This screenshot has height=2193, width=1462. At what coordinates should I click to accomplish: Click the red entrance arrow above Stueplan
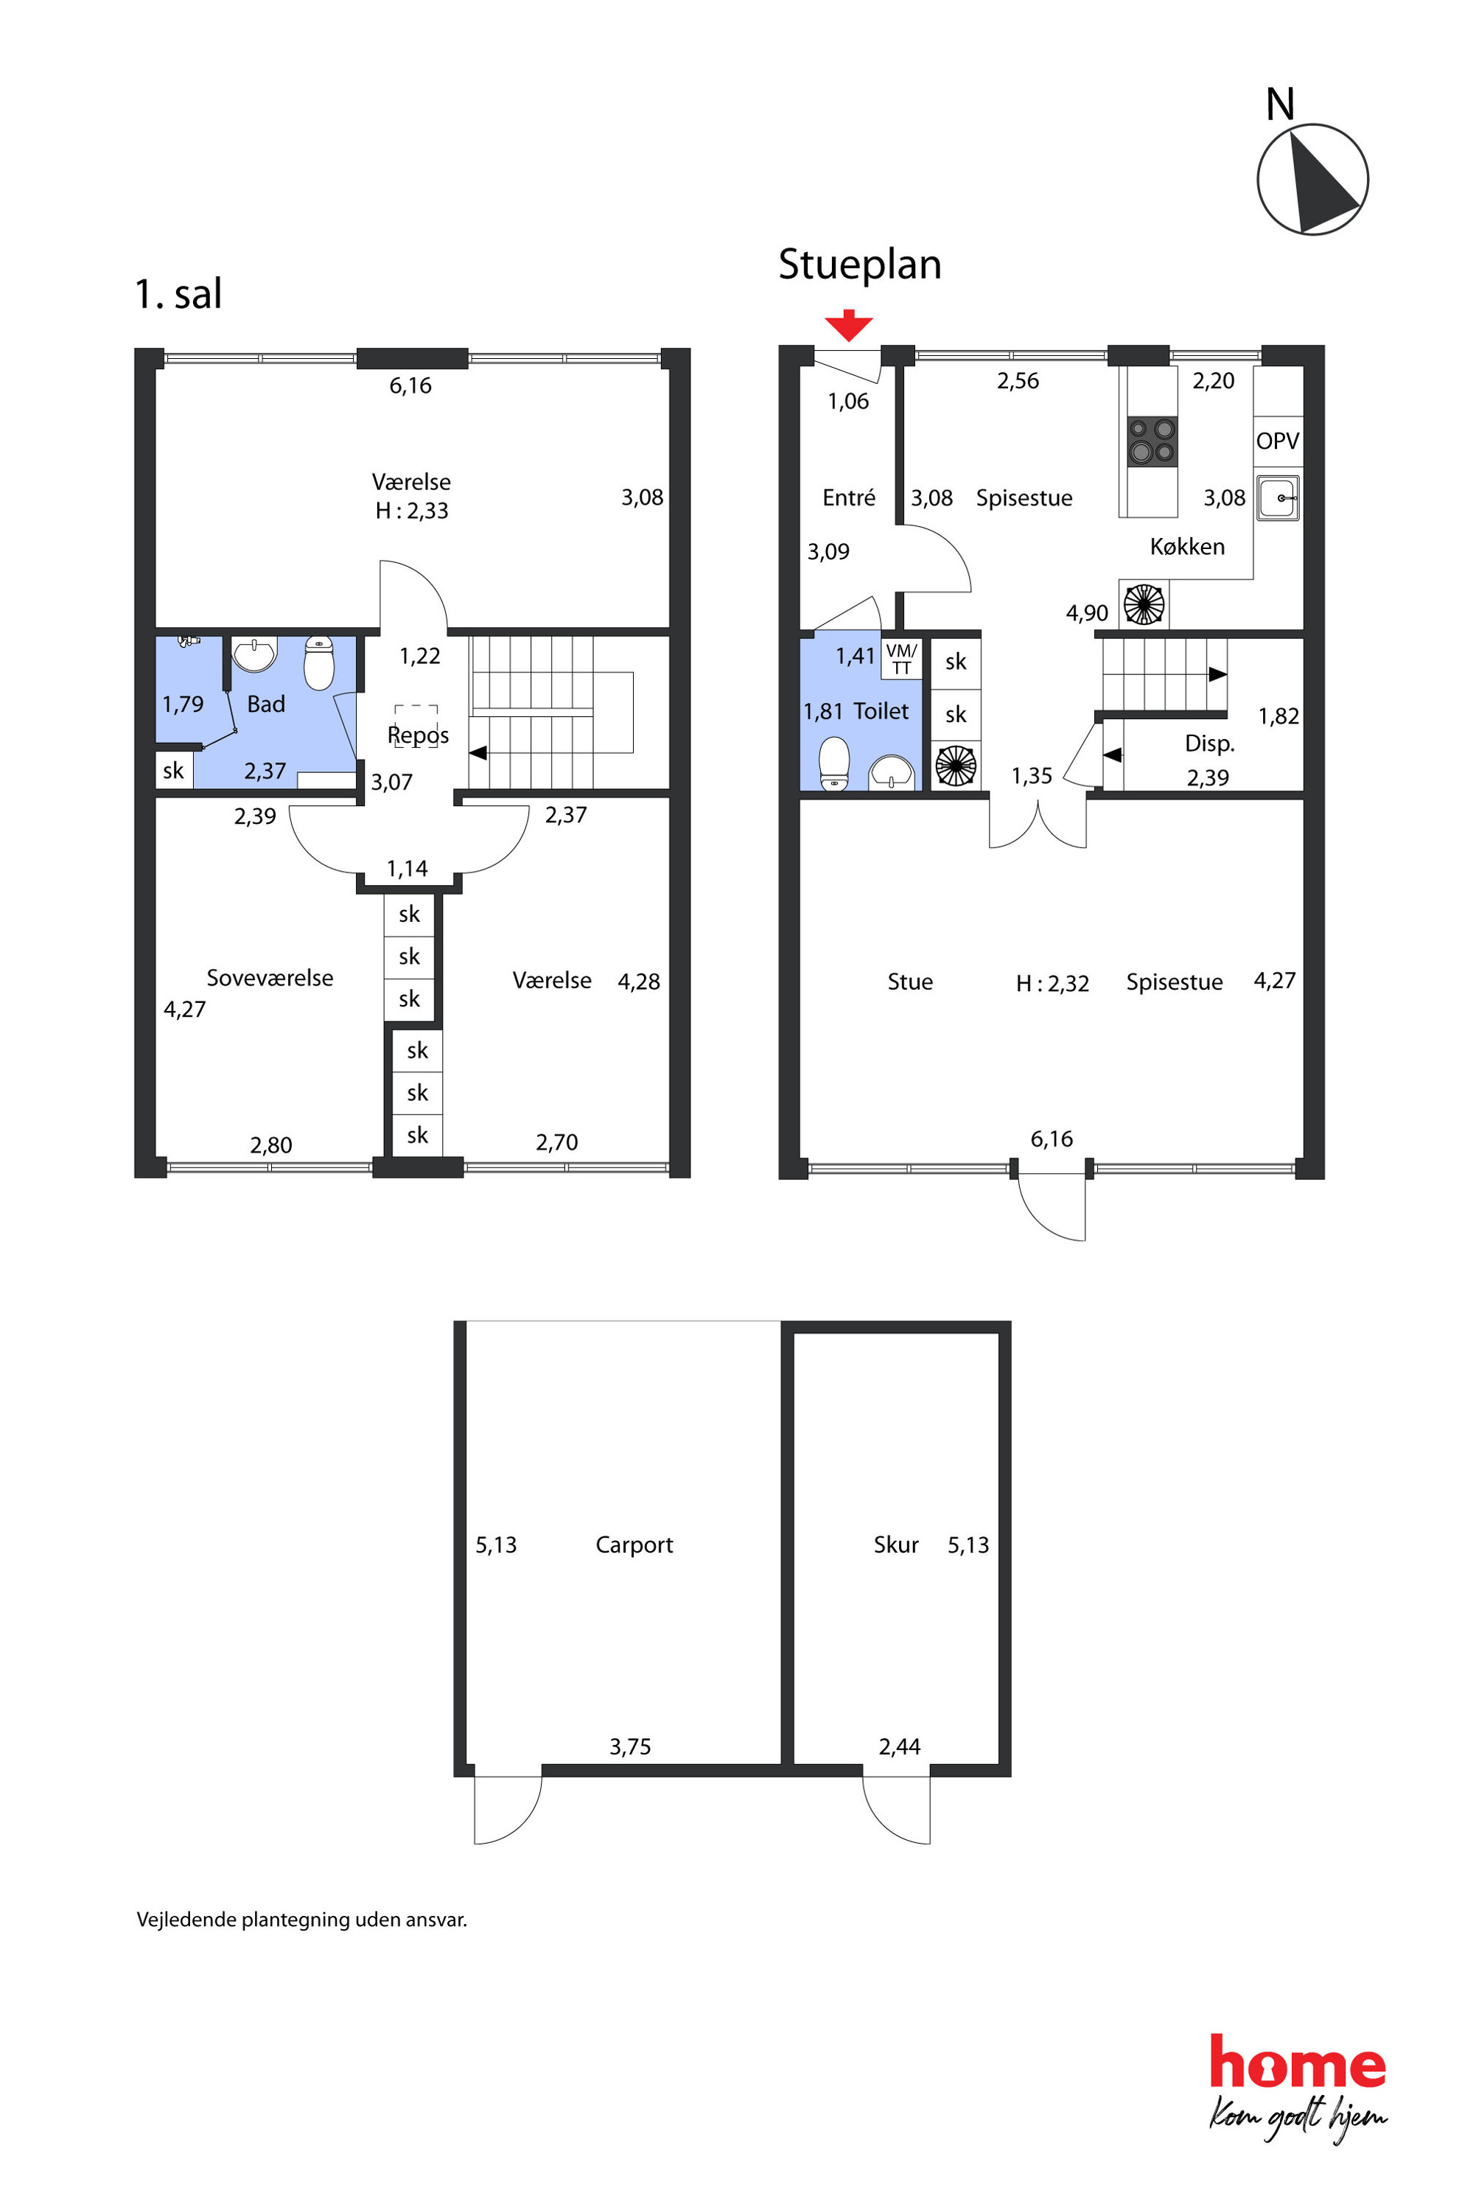[x=848, y=326]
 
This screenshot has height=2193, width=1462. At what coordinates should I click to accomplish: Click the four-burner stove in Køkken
[x=1152, y=441]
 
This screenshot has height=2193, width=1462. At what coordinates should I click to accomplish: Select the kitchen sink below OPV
[x=1277, y=497]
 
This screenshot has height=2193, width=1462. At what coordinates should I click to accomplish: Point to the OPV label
[x=1277, y=441]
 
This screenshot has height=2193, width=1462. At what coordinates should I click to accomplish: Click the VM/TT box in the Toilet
[x=900, y=658]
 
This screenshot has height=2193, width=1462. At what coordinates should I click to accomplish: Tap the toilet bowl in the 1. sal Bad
[x=319, y=662]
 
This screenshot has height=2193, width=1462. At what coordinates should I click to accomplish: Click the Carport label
[x=634, y=1545]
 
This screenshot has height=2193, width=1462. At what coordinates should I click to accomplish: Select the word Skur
[x=896, y=1545]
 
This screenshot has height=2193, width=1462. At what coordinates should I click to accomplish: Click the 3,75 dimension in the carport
[x=630, y=1746]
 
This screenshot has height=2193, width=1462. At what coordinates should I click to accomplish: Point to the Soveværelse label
[x=270, y=978]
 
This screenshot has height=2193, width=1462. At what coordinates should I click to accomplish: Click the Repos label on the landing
[x=418, y=735]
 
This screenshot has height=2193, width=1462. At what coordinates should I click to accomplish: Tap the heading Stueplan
[x=860, y=265]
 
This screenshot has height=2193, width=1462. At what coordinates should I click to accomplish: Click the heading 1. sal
[x=178, y=294]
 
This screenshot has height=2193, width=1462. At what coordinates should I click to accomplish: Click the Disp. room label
[x=1209, y=743]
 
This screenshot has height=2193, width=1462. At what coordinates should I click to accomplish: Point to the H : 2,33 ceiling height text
[x=411, y=511]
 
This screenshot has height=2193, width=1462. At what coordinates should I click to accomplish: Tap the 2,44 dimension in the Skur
[x=899, y=1746]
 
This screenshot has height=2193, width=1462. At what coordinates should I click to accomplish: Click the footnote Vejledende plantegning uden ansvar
[x=301, y=1920]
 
